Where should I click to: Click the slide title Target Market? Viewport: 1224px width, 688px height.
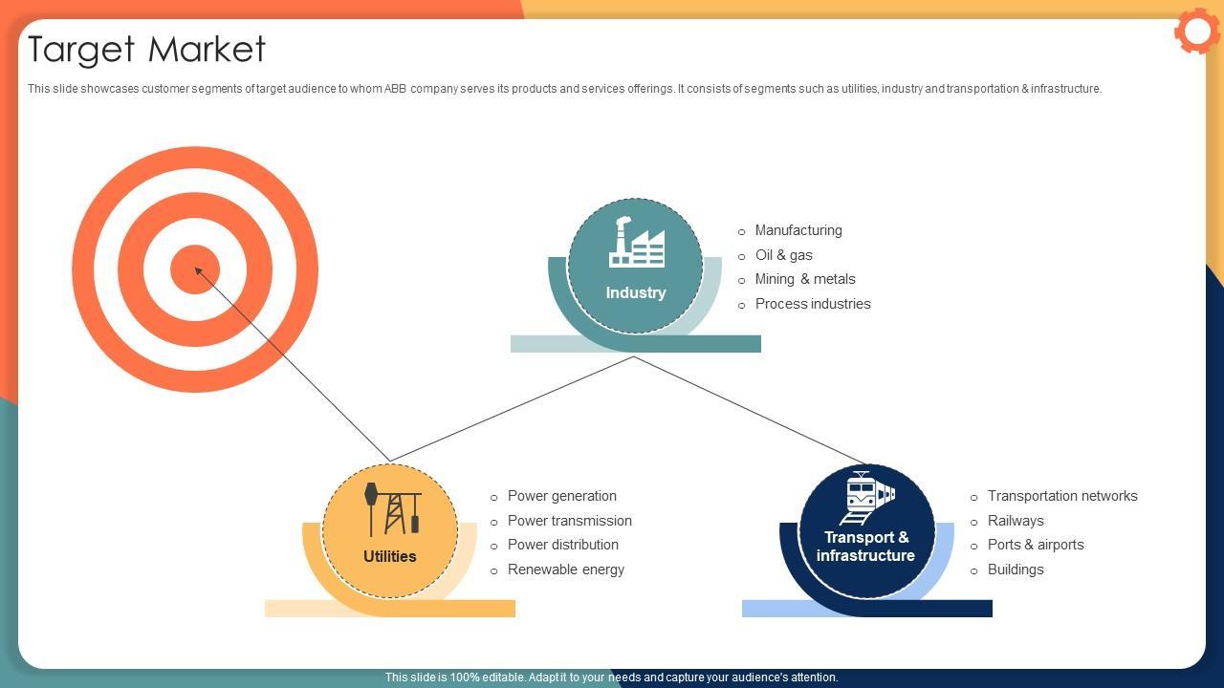click(146, 49)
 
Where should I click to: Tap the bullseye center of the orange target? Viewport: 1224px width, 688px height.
click(195, 269)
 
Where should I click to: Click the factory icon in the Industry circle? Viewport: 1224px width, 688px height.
click(636, 243)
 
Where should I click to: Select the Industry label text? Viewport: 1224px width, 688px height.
click(636, 292)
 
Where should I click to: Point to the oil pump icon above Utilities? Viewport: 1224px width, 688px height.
click(392, 508)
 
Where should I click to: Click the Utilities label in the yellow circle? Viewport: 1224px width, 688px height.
click(390, 556)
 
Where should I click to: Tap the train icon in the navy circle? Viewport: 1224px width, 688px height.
click(867, 498)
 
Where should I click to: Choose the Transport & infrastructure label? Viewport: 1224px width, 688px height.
click(865, 547)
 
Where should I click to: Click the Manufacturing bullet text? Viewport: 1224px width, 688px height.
click(798, 230)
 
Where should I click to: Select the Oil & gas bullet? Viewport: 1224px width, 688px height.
click(783, 255)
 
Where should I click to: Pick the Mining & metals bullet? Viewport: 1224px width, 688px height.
click(805, 279)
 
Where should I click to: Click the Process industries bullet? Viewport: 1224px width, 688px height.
click(813, 304)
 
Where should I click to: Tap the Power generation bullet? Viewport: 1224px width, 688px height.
click(562, 496)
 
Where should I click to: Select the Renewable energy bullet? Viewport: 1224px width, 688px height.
click(566, 570)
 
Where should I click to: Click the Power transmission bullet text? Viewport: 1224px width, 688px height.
click(570, 521)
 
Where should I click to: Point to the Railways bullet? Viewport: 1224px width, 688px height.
click(1016, 521)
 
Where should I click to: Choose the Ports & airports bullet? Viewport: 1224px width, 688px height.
click(1036, 545)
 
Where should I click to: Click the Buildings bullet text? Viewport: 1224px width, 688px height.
click(1016, 570)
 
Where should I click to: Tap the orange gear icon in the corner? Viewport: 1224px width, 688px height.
click(1196, 32)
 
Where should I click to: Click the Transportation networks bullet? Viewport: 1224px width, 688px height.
click(1062, 496)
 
